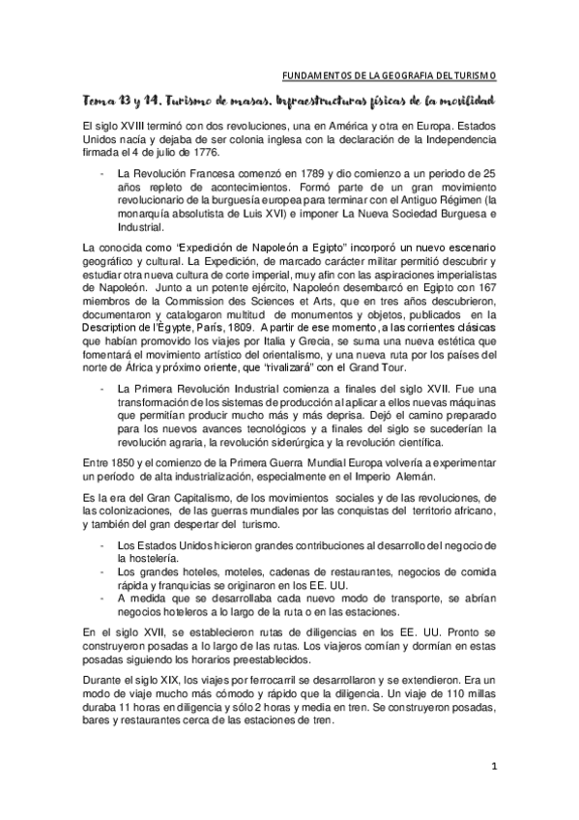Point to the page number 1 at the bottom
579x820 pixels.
[493, 771]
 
